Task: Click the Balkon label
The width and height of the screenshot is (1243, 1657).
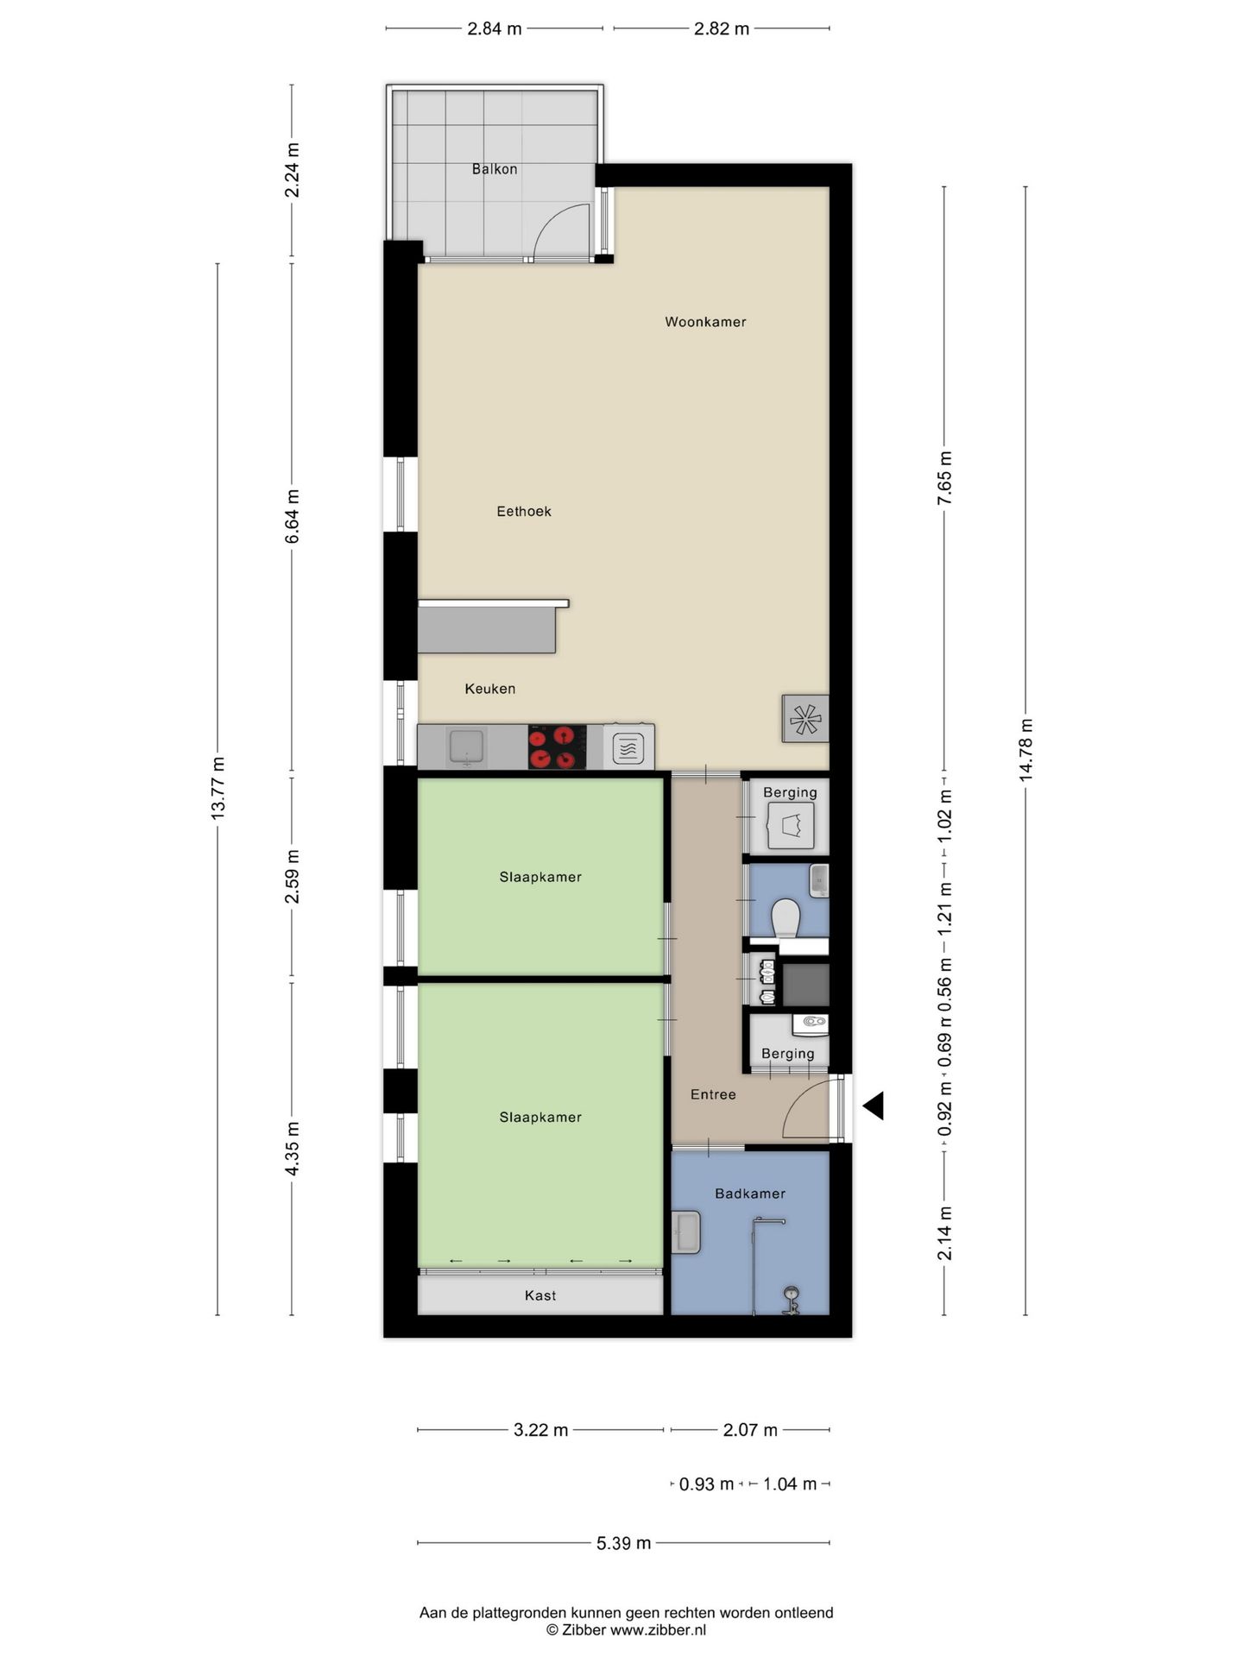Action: [495, 169]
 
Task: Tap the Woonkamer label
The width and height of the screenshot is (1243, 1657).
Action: [705, 322]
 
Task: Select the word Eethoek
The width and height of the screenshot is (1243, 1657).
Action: [524, 511]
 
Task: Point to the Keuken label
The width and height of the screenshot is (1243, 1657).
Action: [490, 689]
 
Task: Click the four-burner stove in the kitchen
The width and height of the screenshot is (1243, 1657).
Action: [557, 747]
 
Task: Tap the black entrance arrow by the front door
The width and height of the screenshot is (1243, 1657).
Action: [873, 1106]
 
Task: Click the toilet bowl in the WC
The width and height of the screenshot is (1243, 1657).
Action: [786, 917]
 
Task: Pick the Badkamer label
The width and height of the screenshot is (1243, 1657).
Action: [750, 1194]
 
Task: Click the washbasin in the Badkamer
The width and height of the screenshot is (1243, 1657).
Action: [687, 1232]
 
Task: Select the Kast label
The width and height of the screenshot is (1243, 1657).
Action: [540, 1295]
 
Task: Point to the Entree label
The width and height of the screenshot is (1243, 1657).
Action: [713, 1094]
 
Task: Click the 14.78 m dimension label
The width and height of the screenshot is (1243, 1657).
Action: [1025, 750]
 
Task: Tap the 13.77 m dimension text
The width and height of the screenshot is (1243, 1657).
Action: [218, 788]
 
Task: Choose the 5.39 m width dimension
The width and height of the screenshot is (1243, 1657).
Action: [623, 1543]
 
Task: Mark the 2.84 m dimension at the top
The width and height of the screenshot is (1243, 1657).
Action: [495, 28]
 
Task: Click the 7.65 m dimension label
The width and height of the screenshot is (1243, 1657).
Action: [944, 478]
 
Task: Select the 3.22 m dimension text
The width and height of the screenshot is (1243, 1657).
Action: [541, 1430]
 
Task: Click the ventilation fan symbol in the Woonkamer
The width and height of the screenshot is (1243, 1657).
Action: [804, 719]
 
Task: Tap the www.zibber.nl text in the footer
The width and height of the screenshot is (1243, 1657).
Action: [658, 1630]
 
